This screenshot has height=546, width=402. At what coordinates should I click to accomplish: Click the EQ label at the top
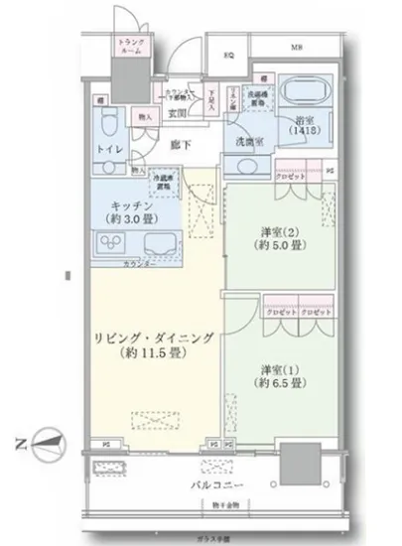point(227,55)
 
